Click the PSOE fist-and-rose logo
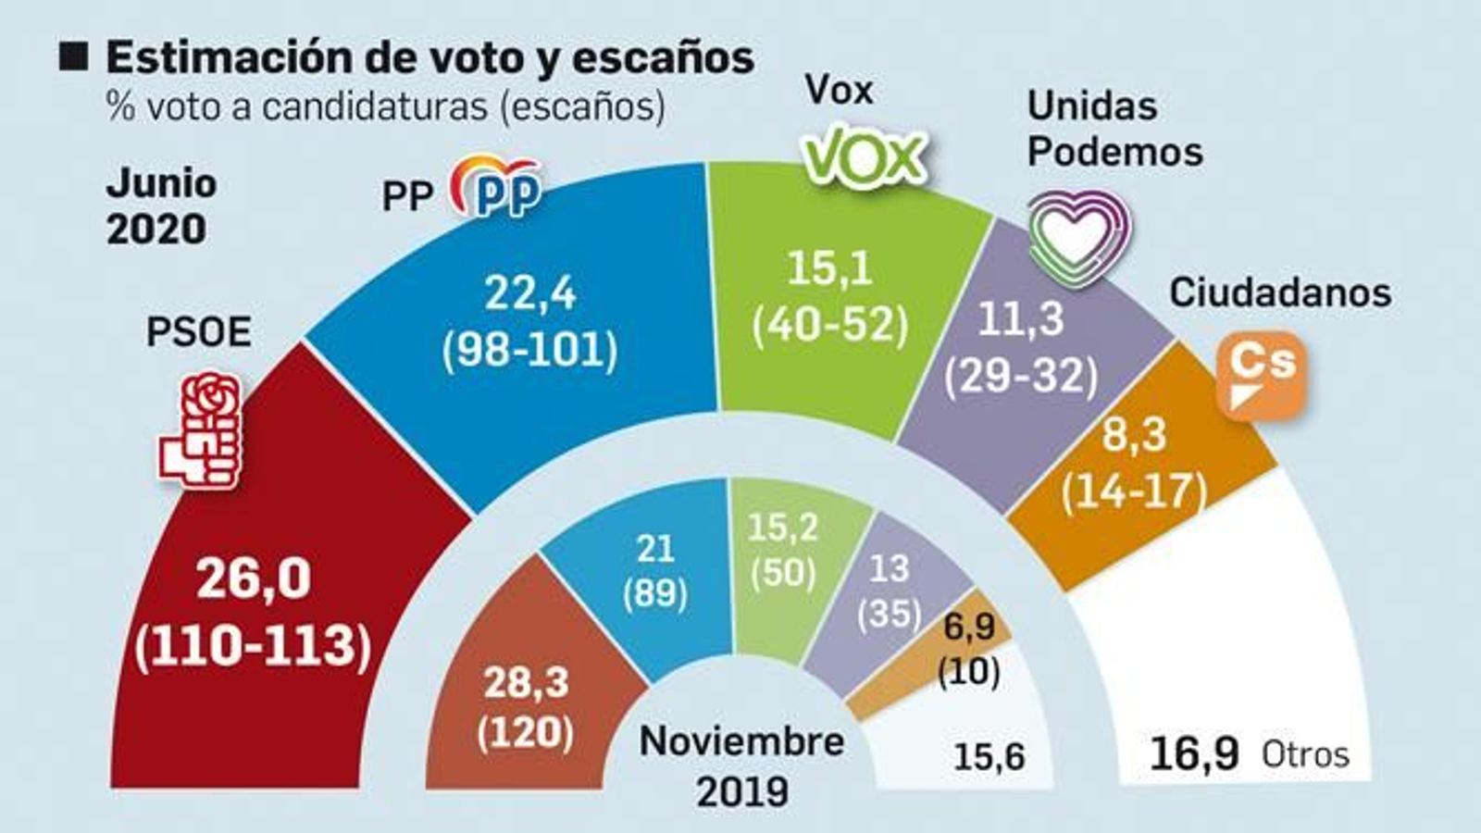[202, 429]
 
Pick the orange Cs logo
[1261, 374]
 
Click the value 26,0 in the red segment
[254, 579]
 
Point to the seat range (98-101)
[529, 351]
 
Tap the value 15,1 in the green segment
[828, 268]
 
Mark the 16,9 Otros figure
[1194, 753]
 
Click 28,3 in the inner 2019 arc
[525, 683]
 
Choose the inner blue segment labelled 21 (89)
[654, 572]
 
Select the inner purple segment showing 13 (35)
[889, 590]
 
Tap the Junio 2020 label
[160, 205]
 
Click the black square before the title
[73, 56]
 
